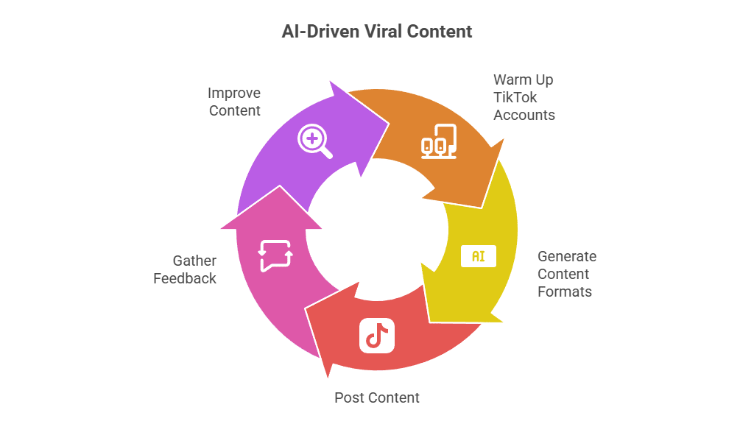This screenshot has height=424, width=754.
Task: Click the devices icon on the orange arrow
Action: point(439,141)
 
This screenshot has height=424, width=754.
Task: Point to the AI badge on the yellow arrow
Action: point(478,256)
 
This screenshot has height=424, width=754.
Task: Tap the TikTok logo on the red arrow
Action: point(377,335)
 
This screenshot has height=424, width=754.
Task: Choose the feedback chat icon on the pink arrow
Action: point(275,255)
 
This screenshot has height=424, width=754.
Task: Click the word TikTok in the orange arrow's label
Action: point(515,97)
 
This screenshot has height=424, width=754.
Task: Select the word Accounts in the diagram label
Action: point(524,115)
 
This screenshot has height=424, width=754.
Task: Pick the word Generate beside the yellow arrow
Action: point(566,256)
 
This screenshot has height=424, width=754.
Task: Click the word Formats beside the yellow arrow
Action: point(565,291)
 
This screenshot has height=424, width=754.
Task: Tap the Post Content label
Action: point(377,397)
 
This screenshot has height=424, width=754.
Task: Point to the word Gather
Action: point(194,261)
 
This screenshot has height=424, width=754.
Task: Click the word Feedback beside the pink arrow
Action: point(185,278)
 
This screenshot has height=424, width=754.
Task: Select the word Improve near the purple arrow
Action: point(234,93)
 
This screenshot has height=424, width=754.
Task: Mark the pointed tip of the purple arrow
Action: point(389,118)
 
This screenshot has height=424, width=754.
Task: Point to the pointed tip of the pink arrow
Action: point(270,187)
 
